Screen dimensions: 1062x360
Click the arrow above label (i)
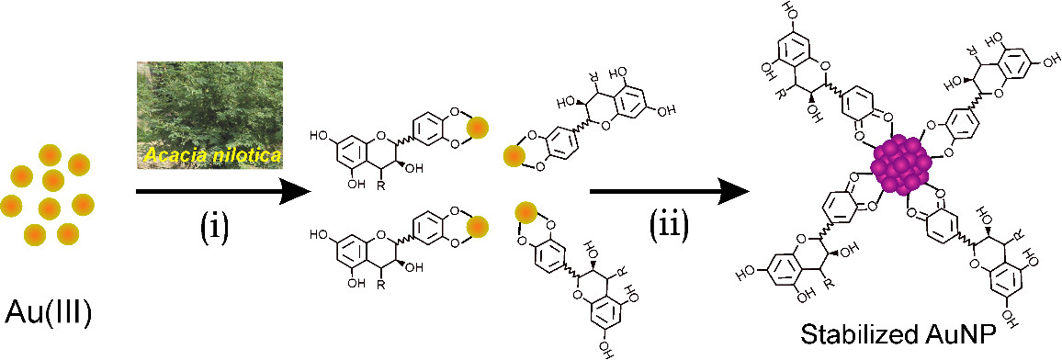[223, 192]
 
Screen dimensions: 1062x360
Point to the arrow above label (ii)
[671, 192]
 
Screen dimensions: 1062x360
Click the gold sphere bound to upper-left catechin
[478, 128]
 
